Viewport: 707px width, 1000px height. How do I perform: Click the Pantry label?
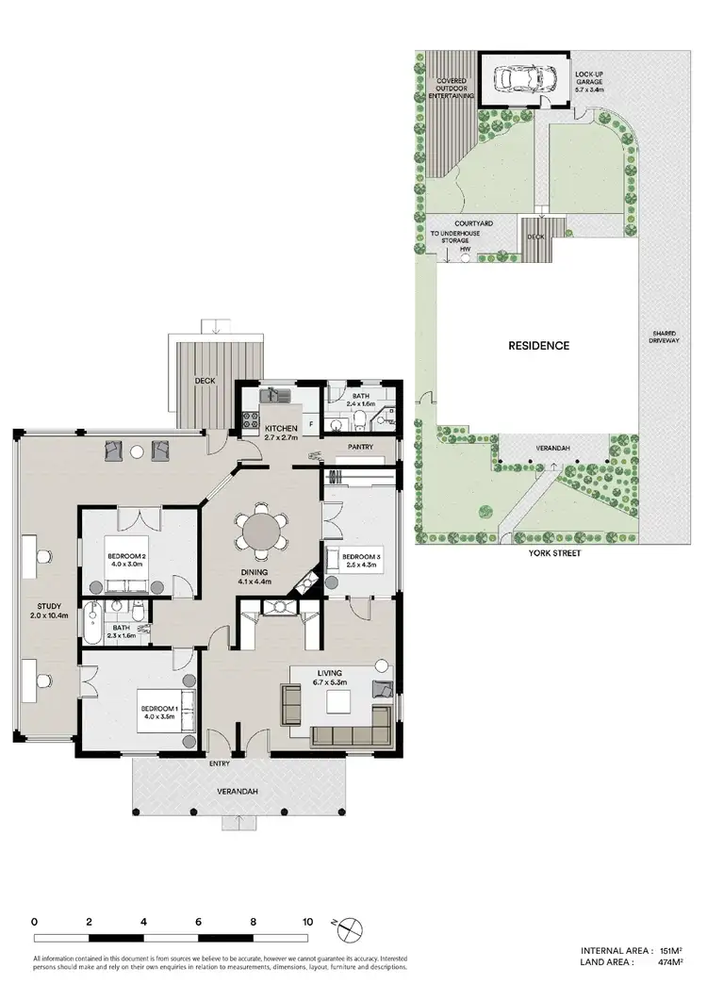pos(362,448)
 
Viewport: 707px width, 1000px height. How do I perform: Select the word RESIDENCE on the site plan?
pos(539,346)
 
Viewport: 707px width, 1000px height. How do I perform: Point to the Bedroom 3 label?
pos(362,554)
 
